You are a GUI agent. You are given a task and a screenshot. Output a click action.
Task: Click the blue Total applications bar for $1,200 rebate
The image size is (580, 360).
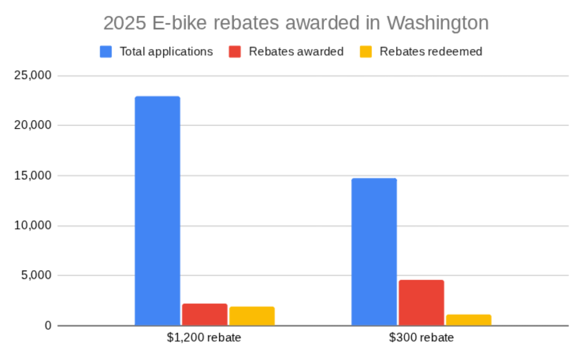[x=157, y=210]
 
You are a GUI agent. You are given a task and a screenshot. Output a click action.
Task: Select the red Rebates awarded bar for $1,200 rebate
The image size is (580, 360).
[x=204, y=314]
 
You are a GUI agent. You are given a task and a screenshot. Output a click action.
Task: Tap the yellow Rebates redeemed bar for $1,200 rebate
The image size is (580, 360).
[x=252, y=316]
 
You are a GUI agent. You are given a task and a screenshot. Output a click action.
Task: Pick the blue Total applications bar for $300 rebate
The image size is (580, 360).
[x=374, y=252]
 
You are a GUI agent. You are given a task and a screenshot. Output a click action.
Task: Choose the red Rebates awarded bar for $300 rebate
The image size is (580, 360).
[x=421, y=303]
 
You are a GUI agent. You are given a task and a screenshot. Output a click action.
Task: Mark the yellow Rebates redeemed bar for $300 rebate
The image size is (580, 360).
[x=468, y=320]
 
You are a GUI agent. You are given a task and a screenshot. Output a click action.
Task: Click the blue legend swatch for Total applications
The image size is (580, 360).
[x=106, y=52]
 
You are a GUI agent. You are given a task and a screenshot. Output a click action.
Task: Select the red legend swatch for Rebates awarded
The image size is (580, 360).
[x=235, y=52]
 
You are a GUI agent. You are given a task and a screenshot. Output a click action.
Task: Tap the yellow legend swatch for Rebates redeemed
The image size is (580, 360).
[x=366, y=52]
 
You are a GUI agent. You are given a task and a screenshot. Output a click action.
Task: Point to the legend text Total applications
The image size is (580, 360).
[x=166, y=52]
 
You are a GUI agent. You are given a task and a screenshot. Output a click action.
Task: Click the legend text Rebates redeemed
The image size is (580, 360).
[x=431, y=52]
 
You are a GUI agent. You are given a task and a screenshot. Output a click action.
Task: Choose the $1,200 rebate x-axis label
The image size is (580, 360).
[x=204, y=338]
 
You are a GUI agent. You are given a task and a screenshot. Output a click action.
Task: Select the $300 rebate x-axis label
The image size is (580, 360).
[x=421, y=338]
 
